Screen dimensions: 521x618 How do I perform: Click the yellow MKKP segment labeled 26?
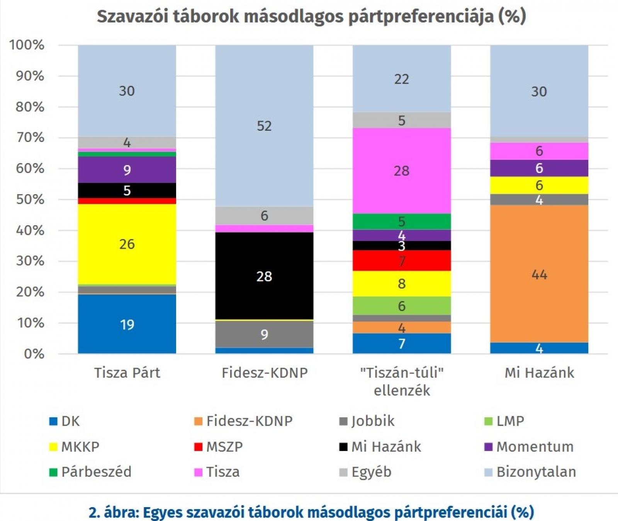pos(127,244)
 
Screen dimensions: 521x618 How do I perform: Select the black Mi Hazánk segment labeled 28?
pos(264,276)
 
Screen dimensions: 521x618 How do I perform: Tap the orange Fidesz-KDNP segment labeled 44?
pos(539,274)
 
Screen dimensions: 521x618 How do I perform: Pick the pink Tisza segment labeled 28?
pos(402,171)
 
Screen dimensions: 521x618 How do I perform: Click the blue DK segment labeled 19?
pos(127,324)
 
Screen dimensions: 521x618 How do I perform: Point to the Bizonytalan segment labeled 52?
pos(264,126)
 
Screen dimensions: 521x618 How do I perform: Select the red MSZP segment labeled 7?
pos(402,261)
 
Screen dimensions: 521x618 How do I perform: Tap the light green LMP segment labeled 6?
pos(402,306)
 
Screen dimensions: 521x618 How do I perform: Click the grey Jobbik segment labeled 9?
pos(264,334)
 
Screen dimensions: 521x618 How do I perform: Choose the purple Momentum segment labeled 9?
pos(127,170)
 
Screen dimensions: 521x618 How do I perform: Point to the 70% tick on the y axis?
pos(30,138)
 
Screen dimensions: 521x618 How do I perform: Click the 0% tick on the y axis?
pos(34,354)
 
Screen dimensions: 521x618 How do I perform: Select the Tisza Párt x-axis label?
pos(127,373)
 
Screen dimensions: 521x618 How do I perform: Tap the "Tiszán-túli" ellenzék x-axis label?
pos(402,381)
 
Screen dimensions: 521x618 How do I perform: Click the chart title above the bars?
pos(311,17)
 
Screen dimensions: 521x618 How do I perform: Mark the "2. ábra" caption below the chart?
pos(311,512)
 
